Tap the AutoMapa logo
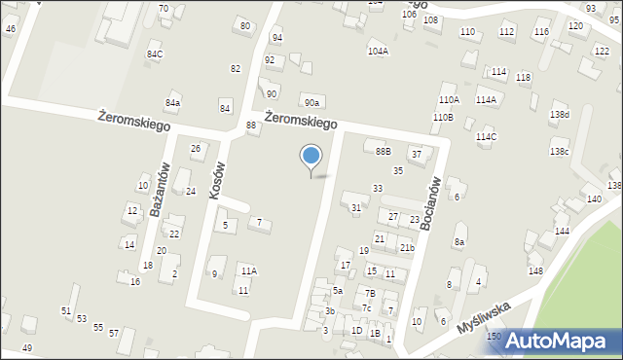tap(562, 341)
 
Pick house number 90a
tap(311, 102)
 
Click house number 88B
tap(384, 151)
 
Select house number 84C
tap(155, 54)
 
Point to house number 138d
tap(560, 115)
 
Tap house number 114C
tap(486, 137)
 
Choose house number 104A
tap(378, 51)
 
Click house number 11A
tap(249, 270)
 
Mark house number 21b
tap(407, 248)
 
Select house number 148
tap(535, 270)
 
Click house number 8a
tap(459, 241)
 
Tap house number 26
tap(196, 148)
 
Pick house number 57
tap(114, 334)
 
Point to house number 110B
tap(443, 117)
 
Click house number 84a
tap(172, 102)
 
